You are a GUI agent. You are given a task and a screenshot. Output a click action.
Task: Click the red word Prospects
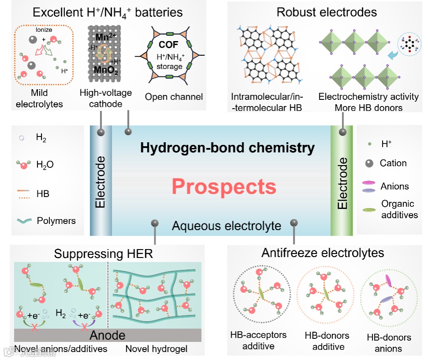coord(224,186)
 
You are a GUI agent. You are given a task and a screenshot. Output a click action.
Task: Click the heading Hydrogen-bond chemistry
coord(227,148)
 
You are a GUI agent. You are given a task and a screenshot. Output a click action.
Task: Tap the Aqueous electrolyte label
coord(226,226)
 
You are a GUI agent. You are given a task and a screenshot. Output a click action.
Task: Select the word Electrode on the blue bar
coord(101,182)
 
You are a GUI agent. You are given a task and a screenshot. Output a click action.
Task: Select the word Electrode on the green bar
coord(342,182)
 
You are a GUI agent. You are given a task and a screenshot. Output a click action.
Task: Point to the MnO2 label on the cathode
coord(106,70)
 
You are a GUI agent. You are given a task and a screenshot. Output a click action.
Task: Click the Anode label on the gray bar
coord(108,335)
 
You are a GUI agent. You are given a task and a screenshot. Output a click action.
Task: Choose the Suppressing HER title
coord(103,254)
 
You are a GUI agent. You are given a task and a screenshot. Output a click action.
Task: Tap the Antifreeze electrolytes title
coord(323,253)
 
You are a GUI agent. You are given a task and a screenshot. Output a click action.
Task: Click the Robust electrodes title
coord(327,12)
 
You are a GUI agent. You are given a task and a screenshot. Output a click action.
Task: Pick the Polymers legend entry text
coord(56,221)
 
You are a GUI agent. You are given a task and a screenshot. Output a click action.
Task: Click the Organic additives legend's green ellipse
coord(370,209)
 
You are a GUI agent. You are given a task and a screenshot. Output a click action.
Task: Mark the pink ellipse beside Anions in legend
coord(370,182)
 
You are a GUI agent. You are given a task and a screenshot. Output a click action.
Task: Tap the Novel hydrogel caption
coord(156,349)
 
